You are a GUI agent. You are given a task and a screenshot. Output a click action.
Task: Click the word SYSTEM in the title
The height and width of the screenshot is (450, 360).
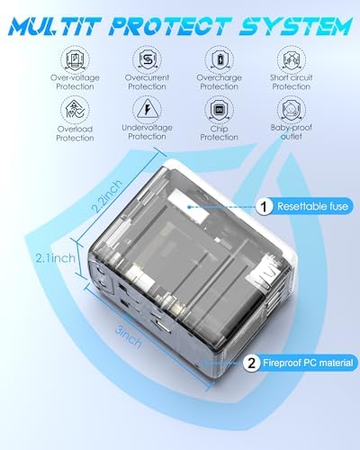click(295, 26)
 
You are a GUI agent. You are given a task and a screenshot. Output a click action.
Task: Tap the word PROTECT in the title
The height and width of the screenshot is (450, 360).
click(170, 26)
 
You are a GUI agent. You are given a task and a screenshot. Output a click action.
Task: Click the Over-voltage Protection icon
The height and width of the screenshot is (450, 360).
click(75, 59)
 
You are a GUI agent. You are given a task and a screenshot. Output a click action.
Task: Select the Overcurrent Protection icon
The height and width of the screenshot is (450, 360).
click(147, 59)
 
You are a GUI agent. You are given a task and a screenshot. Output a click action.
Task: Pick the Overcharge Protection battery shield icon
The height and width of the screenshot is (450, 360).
click(220, 59)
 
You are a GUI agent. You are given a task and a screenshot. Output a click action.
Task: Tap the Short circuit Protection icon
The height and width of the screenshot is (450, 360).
click(292, 59)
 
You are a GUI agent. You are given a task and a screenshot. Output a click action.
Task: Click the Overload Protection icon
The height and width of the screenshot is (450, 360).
click(75, 110)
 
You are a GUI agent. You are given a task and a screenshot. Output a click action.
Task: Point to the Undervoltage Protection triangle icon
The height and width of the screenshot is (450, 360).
click(147, 110)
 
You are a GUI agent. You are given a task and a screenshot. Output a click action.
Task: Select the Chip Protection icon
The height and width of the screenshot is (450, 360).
click(220, 110)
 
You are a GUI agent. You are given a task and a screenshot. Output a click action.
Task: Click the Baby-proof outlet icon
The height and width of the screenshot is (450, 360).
click(292, 110)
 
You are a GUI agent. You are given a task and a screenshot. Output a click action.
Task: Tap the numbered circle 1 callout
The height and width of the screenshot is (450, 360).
click(264, 206)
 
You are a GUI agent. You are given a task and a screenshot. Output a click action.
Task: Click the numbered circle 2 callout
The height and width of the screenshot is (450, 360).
click(251, 363)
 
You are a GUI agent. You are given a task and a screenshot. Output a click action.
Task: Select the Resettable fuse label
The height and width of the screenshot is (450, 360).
click(312, 206)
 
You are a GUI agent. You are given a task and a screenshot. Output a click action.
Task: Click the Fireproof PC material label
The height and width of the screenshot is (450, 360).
click(308, 363)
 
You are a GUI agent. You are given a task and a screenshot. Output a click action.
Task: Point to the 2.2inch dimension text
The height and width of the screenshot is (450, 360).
click(107, 196)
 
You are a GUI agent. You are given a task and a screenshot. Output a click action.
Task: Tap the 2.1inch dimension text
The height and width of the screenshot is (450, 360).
click(56, 258)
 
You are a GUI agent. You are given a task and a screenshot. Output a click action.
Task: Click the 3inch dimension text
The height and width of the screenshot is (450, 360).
click(129, 337)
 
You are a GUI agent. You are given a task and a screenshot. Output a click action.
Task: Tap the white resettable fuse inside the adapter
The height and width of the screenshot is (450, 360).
click(188, 206)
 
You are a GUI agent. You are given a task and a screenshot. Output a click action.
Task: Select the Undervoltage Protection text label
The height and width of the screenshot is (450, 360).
click(147, 132)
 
